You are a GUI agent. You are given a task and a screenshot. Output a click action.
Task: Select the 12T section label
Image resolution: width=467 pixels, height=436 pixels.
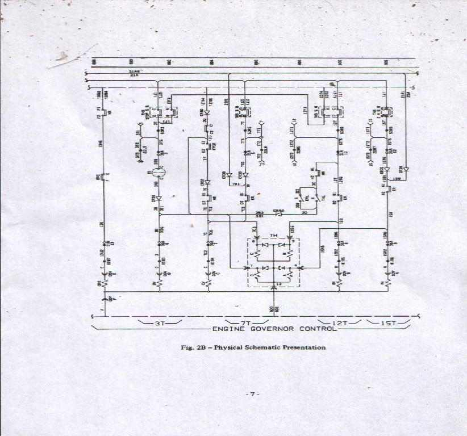pyautogui.click(x=340, y=323)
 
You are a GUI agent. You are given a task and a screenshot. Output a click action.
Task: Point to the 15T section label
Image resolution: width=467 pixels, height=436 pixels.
pyautogui.click(x=387, y=323)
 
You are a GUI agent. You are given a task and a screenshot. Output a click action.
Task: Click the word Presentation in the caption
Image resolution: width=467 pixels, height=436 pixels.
pyautogui.click(x=305, y=347)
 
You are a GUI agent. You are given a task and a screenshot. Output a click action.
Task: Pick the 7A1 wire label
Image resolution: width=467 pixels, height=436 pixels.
pyautogui.click(x=235, y=185)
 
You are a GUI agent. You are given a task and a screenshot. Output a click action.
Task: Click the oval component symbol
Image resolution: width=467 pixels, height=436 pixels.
pyautogui.click(x=159, y=172)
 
